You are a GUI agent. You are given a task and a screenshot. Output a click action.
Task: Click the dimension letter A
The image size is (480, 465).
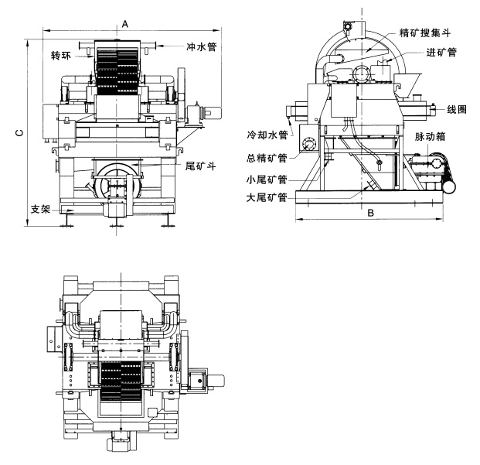pyautogui.click(x=125, y=24)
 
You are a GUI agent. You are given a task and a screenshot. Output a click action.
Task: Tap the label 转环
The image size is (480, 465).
pyautogui.click(x=61, y=56)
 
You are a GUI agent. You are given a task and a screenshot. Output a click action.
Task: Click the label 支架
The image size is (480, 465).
pyautogui.click(x=39, y=210)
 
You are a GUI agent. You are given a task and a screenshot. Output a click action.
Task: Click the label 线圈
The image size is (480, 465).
pyautogui.click(x=457, y=108)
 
